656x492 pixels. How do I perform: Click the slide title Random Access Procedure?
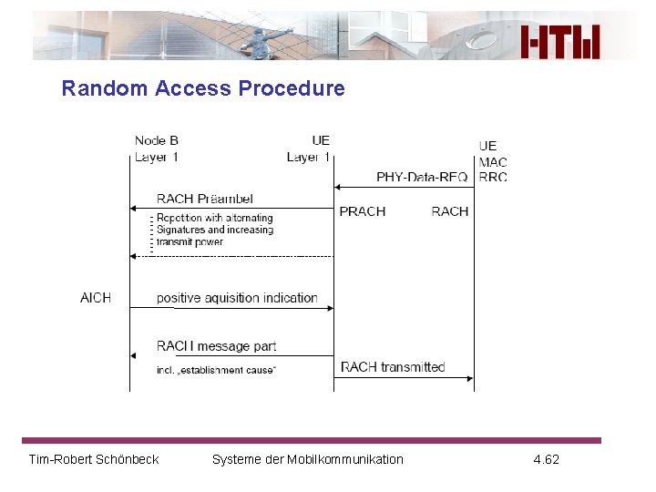pos(202,88)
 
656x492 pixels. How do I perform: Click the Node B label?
pos(156,140)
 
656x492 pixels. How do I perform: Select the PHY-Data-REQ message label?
pos(422,177)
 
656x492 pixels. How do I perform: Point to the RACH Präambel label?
pos(204,199)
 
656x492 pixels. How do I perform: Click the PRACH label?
pos(362,211)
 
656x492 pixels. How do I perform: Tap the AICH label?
pos(96,298)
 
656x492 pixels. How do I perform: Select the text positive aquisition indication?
pos(237,298)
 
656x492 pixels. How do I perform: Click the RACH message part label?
pos(216,346)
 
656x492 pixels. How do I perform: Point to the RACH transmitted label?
pos(393,367)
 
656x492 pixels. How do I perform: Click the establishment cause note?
pos(216,370)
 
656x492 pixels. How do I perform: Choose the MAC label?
pos(493,162)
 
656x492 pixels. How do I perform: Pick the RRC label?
pos(493,177)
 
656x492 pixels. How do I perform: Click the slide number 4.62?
pos(546,459)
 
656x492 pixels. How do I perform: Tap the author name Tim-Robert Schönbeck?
pos(94,459)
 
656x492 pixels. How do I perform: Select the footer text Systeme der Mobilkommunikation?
pos(307,459)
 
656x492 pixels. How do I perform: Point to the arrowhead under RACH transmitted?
pos(469,378)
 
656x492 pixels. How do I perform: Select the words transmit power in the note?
pos(190,242)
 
